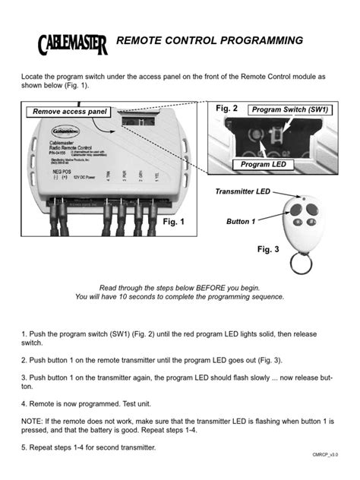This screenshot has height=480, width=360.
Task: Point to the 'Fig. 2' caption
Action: click(x=227, y=109)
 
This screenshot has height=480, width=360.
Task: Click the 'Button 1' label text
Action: click(x=242, y=222)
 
